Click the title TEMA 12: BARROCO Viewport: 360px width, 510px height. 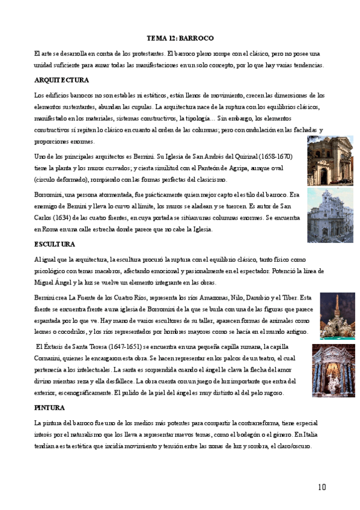pyautogui.click(x=180, y=37)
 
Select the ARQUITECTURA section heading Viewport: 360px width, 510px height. pyautogui.click(x=62, y=80)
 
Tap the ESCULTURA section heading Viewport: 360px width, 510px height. pyautogui.click(x=55, y=244)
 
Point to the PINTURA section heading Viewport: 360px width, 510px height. pyautogui.click(x=50, y=407)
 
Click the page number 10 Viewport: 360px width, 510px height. pyautogui.click(x=321, y=486)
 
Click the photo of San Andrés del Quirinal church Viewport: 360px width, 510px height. pyautogui.click(x=330, y=161)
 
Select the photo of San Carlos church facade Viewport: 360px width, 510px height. pyautogui.click(x=330, y=215)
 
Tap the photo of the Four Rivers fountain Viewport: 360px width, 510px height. pyautogui.click(x=337, y=316)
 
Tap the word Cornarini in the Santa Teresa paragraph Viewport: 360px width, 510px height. pyautogui.click(x=51, y=358)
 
